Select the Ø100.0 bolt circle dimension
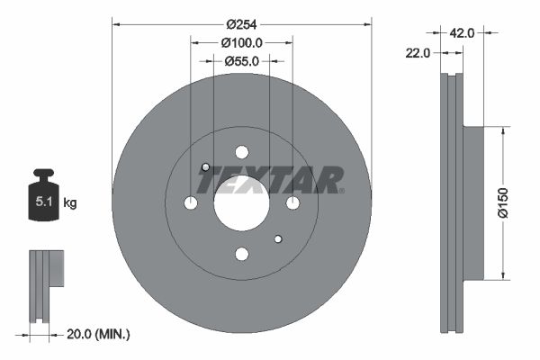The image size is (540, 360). (241, 42)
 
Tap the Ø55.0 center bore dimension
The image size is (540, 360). (241, 61)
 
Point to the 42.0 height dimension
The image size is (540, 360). (462, 32)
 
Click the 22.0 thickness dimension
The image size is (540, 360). (416, 53)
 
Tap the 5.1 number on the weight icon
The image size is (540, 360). (42, 202)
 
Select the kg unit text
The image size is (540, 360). (70, 203)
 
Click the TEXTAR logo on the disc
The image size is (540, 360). (271, 180)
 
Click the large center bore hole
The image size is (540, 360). (241, 203)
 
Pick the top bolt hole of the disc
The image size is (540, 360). (241, 152)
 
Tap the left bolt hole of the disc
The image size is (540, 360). (190, 203)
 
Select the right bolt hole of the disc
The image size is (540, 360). (292, 203)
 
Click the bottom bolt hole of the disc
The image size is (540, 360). (241, 255)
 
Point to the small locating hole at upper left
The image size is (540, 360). (205, 167)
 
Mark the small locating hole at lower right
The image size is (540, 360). (277, 238)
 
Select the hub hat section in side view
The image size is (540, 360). (472, 203)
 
